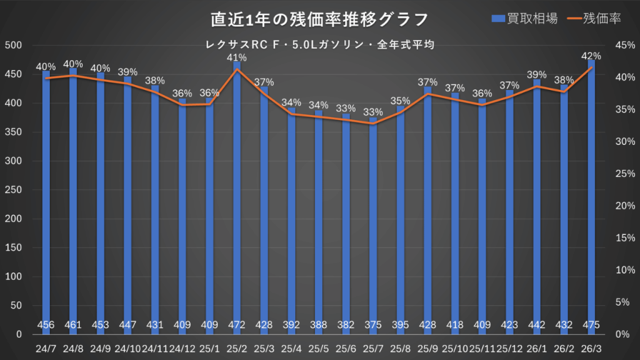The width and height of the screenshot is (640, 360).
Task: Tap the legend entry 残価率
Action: click(592, 19)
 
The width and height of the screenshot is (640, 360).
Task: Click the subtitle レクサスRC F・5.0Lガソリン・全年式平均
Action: click(319, 45)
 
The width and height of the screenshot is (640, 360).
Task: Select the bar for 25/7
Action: click(373, 225)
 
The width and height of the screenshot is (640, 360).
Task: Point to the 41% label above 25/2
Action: click(237, 57)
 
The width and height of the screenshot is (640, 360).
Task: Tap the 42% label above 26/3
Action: click(591, 56)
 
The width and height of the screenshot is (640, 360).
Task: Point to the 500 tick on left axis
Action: click(14, 45)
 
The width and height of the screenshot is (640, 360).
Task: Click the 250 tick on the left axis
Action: click(14, 189)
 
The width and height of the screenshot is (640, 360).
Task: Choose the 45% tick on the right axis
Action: click(625, 45)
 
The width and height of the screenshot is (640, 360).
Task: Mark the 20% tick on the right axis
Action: click(625, 206)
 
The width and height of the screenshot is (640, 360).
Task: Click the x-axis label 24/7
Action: click(46, 347)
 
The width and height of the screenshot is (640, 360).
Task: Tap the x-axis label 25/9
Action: click(427, 347)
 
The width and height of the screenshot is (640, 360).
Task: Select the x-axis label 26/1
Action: click(537, 347)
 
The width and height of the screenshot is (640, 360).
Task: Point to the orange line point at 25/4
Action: click(291, 114)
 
